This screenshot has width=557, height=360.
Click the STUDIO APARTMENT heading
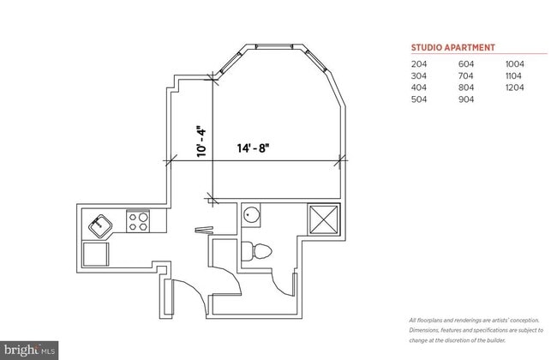tap(453, 48)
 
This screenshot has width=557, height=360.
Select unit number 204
tap(419, 63)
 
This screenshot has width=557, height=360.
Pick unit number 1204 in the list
tap(514, 87)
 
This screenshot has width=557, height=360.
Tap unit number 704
tap(467, 75)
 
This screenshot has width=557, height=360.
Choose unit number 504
tap(419, 99)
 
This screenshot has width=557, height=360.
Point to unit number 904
tap(467, 99)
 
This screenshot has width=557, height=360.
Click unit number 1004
tap(514, 63)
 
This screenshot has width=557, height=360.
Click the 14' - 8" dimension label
tap(254, 147)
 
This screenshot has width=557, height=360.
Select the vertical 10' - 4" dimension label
tap(201, 141)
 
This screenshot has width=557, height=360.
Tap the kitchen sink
tap(100, 225)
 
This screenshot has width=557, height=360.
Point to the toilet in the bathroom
tap(258, 251)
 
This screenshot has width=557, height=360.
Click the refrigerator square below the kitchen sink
tap(95, 255)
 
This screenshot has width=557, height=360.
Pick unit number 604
tap(467, 63)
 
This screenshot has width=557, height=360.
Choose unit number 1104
tap(514, 75)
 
